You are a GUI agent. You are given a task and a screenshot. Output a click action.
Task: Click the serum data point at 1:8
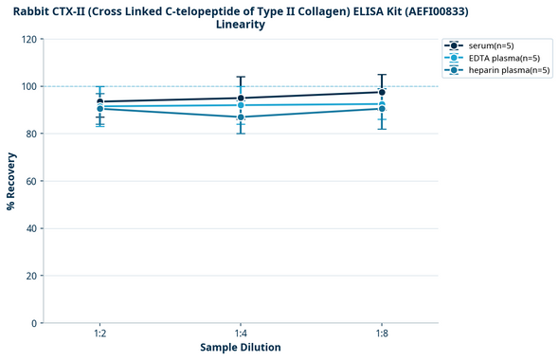[382, 93]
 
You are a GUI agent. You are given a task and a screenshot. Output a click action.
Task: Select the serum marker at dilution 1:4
[241, 99]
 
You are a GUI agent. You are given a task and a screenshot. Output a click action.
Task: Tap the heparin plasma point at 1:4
[241, 117]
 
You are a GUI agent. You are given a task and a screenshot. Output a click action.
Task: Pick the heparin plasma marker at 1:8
[382, 109]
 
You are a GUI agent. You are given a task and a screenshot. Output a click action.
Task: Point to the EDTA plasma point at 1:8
[382, 104]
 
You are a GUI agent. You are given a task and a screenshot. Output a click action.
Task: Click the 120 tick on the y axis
[28, 39]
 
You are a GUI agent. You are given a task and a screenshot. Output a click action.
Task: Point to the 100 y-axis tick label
[28, 86]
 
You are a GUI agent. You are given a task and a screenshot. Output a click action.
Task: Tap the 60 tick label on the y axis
[31, 181]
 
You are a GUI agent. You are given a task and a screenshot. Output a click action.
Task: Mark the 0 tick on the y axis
[34, 323]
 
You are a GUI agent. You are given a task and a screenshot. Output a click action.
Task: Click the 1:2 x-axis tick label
[99, 334]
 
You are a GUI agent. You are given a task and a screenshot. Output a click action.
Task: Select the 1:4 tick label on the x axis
[241, 334]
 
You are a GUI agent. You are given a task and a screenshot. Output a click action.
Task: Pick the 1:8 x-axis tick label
[382, 334]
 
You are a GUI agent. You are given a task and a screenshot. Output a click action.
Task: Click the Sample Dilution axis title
[241, 348]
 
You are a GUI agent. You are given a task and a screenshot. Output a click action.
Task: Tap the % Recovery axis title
[11, 181]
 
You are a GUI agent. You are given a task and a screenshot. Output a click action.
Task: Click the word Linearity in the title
[241, 25]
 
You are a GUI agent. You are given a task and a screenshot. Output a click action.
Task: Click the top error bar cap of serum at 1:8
[382, 75]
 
